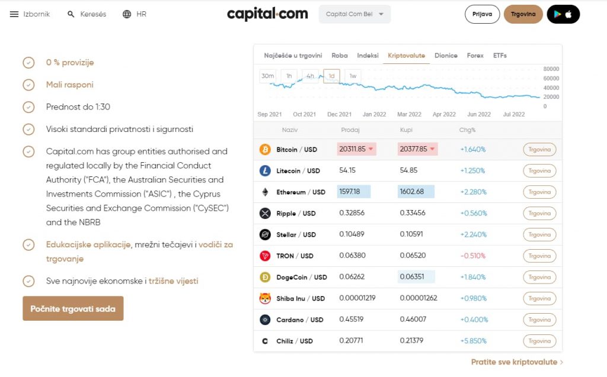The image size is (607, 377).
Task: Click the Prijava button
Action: (483, 14)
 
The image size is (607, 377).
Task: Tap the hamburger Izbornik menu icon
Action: (14, 14)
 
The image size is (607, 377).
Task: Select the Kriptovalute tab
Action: (406, 56)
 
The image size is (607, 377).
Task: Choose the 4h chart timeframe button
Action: (310, 76)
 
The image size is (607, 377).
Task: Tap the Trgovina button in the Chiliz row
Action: (539, 341)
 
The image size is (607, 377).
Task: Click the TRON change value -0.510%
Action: (472, 256)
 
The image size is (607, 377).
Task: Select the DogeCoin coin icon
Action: (265, 277)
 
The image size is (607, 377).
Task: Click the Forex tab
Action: (475, 56)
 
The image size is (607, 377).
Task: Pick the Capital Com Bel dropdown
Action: (354, 14)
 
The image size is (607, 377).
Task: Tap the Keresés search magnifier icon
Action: (71, 14)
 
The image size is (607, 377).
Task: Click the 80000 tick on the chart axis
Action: (551, 69)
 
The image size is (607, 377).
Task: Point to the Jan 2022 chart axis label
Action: (374, 114)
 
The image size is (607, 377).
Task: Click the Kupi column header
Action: (406, 130)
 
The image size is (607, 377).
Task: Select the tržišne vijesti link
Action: (173, 281)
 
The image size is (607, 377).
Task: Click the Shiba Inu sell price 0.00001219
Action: (357, 298)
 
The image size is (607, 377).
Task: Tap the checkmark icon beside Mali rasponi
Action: (28, 85)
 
